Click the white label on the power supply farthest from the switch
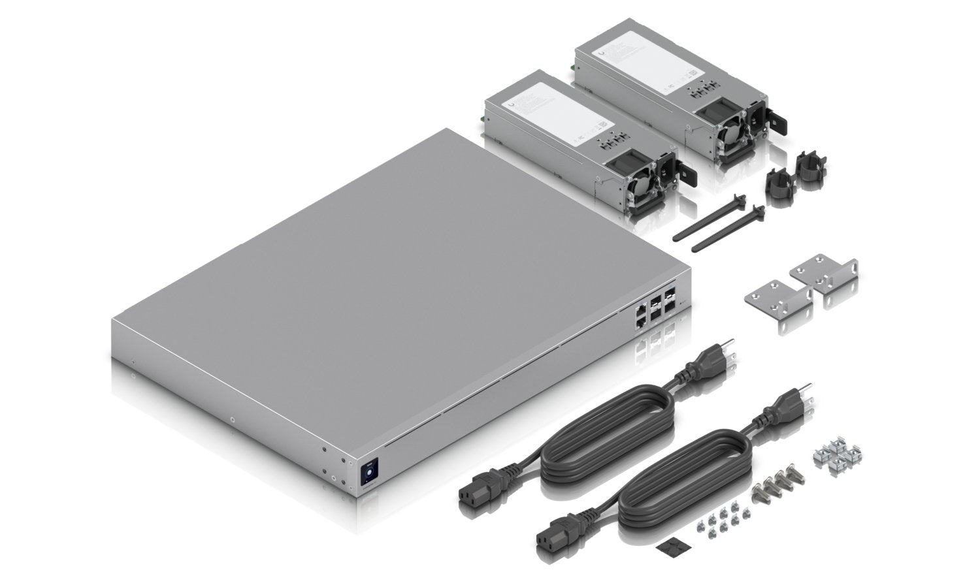point(644,57)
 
